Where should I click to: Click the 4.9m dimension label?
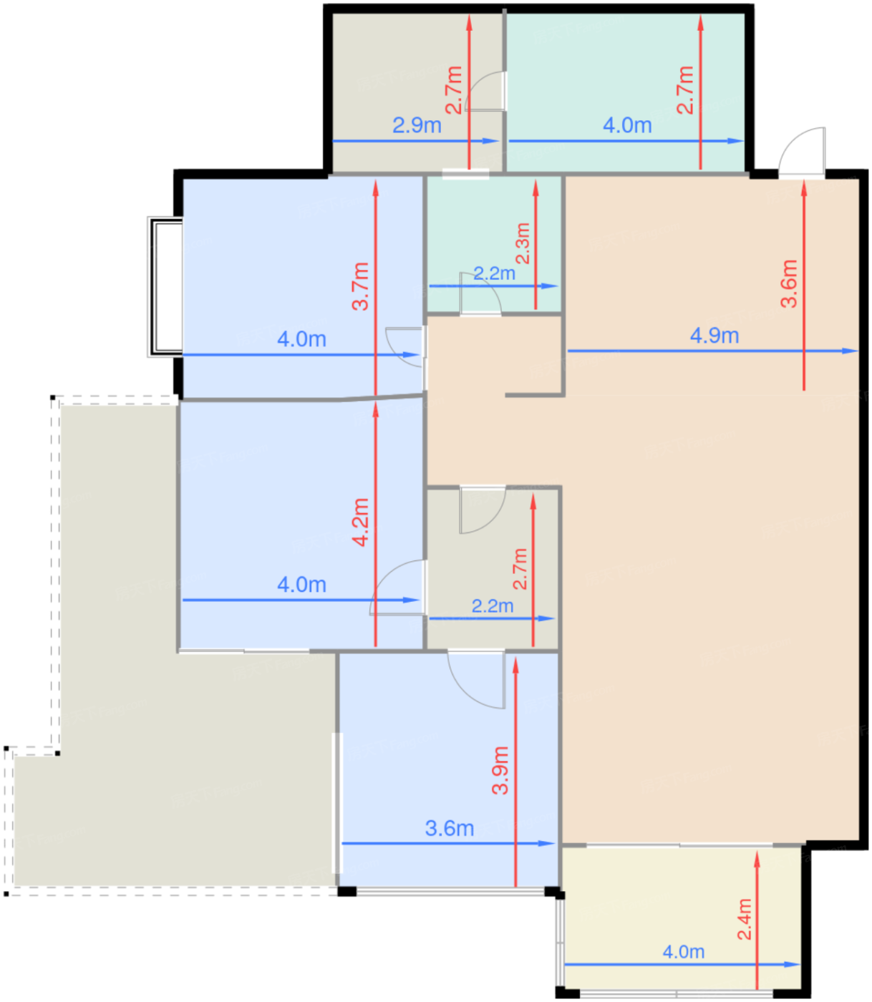tap(714, 336)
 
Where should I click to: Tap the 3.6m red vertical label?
tap(789, 284)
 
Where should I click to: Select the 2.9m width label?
tap(417, 125)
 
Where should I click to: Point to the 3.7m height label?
tap(361, 286)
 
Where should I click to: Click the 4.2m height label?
tap(361, 522)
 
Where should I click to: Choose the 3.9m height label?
tap(500, 770)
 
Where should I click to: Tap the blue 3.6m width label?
tap(449, 828)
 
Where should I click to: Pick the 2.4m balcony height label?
tap(744, 919)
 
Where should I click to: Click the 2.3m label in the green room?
tap(523, 243)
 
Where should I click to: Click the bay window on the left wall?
tap(165, 288)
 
